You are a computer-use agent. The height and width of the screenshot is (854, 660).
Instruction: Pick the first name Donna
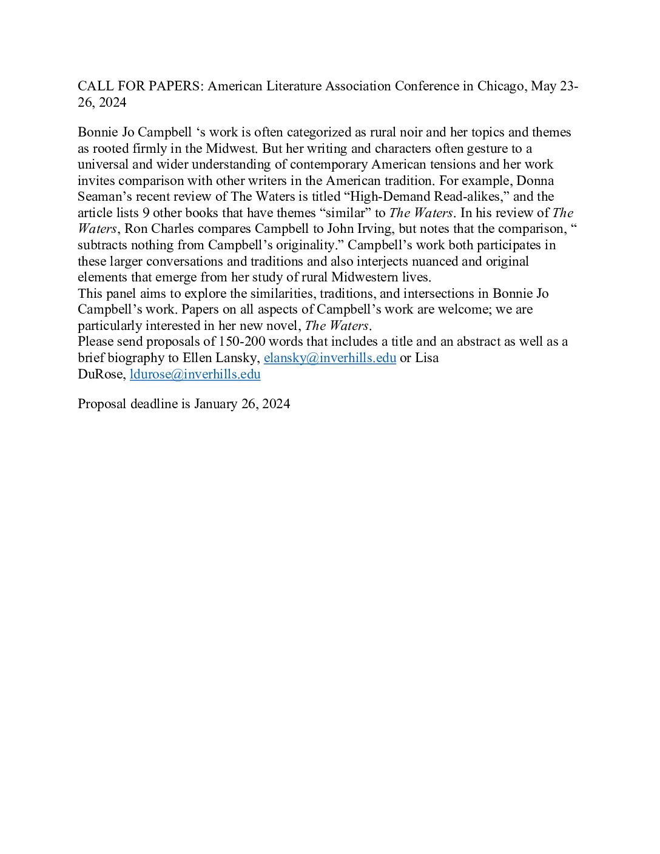click(x=535, y=181)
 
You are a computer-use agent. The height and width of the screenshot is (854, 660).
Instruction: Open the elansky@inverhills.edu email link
click(x=329, y=358)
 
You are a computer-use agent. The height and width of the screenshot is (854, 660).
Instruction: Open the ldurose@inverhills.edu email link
click(x=195, y=374)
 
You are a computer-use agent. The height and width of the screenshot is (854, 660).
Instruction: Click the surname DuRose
click(x=101, y=374)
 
